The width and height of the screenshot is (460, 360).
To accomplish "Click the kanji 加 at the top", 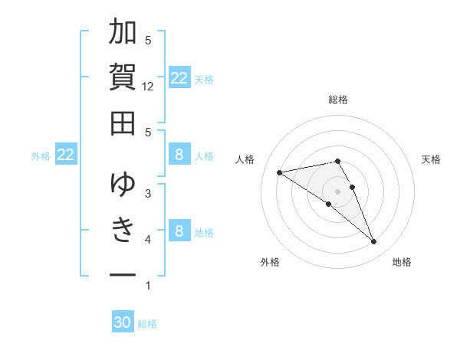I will (x=123, y=34).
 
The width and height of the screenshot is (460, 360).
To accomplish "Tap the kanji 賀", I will (x=123, y=77).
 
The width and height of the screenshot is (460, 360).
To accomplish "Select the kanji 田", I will (x=123, y=123).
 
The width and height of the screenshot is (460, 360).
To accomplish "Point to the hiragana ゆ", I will (x=123, y=184).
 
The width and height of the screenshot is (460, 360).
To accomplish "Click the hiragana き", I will (x=123, y=229).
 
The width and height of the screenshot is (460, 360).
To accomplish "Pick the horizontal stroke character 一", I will (x=123, y=273).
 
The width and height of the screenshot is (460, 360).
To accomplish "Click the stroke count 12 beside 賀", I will (x=149, y=87).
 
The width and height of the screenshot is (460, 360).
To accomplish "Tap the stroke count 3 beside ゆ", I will (x=148, y=193).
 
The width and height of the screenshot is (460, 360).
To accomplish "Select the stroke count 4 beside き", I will (x=148, y=240).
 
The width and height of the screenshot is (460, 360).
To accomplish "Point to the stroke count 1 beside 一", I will (x=148, y=286).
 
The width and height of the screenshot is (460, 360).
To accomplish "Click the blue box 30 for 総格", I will (x=123, y=322).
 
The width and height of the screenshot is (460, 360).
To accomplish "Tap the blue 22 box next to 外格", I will (x=66, y=155).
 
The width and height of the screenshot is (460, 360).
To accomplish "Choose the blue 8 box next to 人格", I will (x=179, y=155).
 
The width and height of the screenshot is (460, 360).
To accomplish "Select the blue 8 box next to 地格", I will (x=179, y=231).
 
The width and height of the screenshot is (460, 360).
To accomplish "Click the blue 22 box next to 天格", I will (x=179, y=78).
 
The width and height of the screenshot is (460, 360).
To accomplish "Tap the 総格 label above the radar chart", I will (x=337, y=100).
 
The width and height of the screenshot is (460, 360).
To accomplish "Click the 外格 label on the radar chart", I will (x=270, y=262).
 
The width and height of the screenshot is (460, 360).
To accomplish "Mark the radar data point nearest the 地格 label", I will (x=373, y=242).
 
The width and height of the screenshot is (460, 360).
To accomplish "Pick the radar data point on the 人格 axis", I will (x=280, y=172).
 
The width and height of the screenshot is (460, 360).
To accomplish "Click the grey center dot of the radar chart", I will (x=337, y=191).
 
